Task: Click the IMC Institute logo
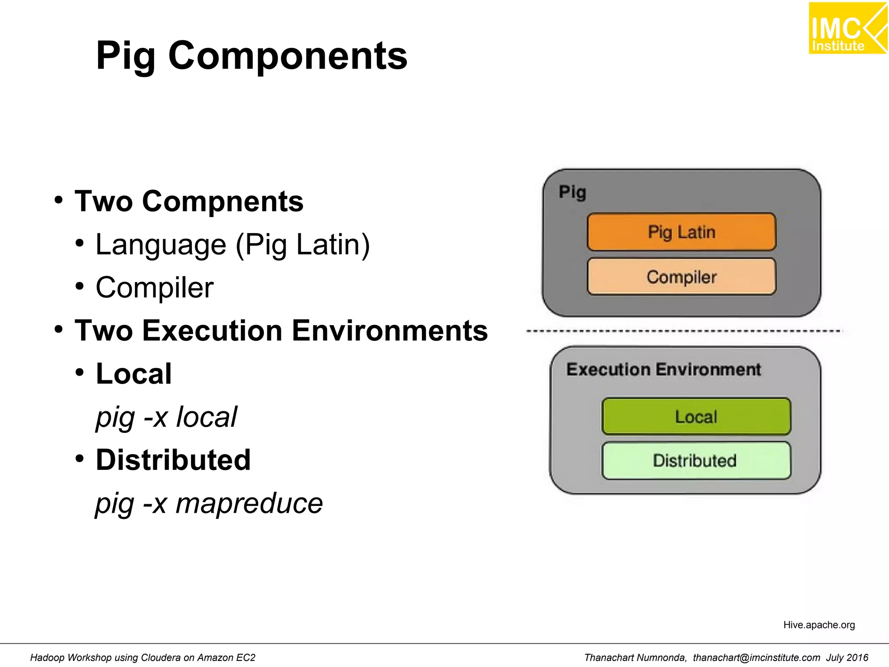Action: point(847,29)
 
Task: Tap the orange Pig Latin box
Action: point(681,232)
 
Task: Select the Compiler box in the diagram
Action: point(681,277)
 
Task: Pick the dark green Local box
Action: point(696,416)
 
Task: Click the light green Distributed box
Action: point(695,460)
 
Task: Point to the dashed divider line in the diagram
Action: point(684,331)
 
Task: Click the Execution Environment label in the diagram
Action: point(663,370)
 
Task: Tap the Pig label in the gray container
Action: point(572,192)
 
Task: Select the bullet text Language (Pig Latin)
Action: point(233,244)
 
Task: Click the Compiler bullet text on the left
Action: point(155,287)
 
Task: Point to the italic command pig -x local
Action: point(166,417)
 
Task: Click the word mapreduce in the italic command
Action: point(249,503)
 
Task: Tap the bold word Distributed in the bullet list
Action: point(173,460)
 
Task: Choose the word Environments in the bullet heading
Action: point(389,331)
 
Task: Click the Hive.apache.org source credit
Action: point(819,625)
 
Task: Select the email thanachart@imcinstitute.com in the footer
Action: point(756,657)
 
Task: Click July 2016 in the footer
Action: point(847,657)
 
